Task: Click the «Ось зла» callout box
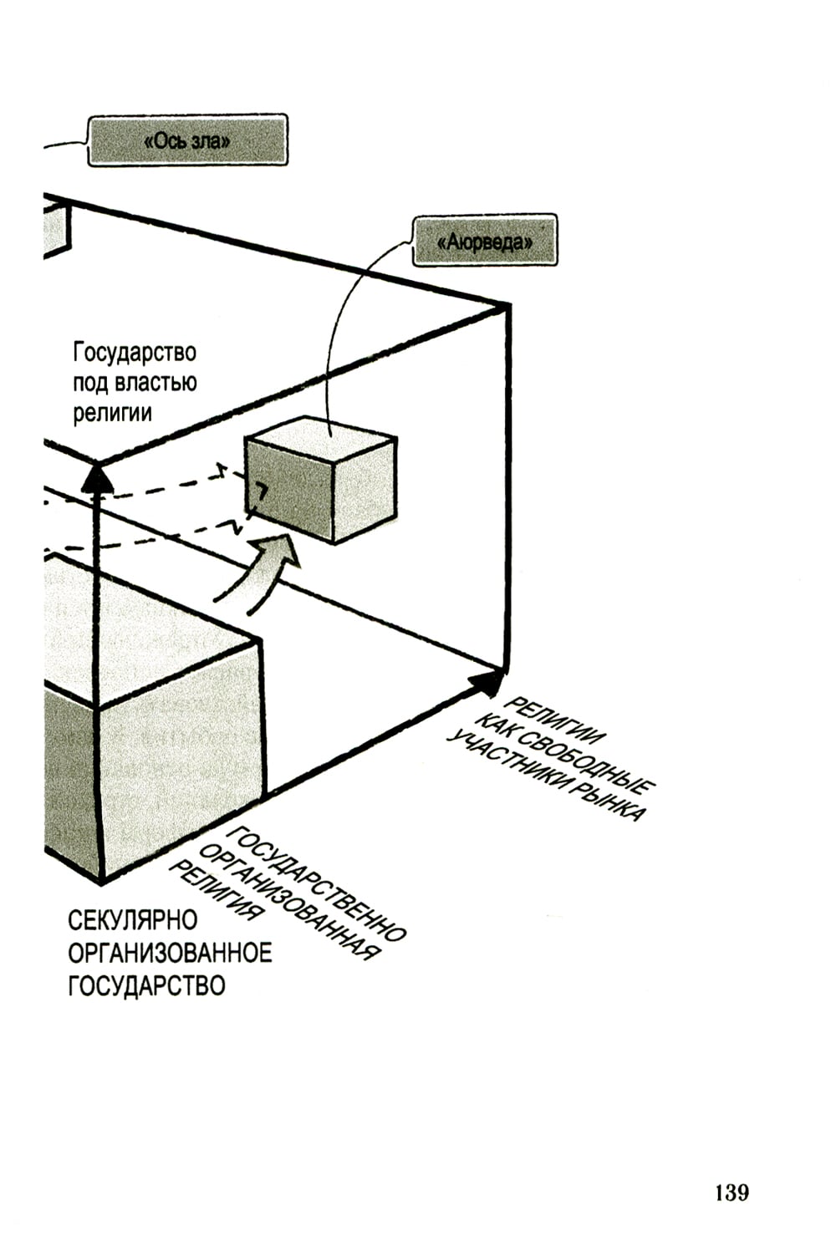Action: [187, 140]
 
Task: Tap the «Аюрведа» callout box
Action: [485, 242]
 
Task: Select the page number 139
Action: [731, 1192]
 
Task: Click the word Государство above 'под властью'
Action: [135, 353]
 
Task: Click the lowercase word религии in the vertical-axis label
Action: [112, 412]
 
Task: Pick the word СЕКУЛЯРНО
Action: [133, 920]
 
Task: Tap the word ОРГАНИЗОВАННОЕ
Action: [170, 953]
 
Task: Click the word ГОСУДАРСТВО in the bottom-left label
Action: [146, 985]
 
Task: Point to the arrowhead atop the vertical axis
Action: [98, 478]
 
